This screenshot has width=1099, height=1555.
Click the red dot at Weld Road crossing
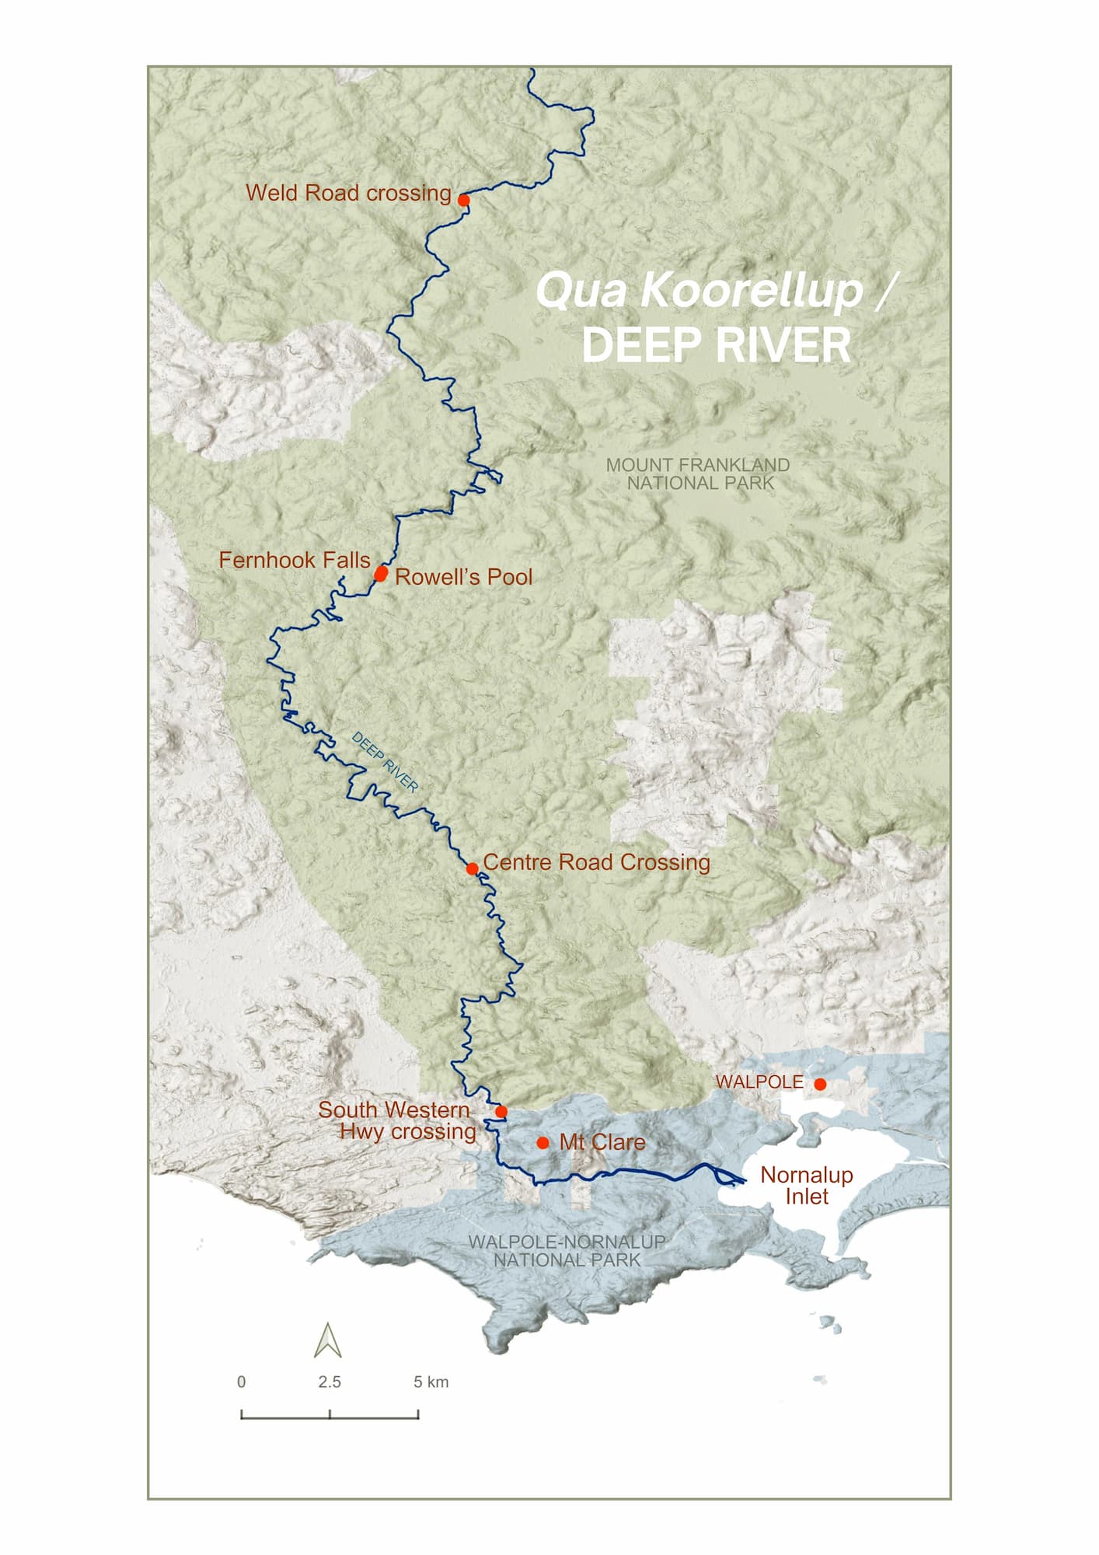[463, 200]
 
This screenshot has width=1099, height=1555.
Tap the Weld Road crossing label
[348, 193]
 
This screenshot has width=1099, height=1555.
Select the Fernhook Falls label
[294, 560]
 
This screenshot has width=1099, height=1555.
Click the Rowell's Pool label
[463, 577]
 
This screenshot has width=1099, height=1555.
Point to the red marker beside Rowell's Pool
[381, 574]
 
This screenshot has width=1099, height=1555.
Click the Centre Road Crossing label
[596, 862]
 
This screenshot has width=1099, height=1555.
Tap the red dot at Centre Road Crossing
[472, 868]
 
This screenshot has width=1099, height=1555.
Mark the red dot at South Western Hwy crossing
[501, 1112]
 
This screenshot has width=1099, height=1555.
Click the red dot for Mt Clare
[543, 1143]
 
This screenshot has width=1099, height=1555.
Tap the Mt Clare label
[602, 1142]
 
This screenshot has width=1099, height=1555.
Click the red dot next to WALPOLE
[820, 1084]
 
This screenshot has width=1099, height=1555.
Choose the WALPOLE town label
[759, 1082]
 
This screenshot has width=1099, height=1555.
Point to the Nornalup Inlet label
[806, 1185]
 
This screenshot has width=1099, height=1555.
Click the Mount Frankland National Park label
[698, 473]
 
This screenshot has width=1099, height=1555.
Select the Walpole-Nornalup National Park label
[567, 1251]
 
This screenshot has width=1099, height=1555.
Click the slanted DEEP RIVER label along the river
[385, 762]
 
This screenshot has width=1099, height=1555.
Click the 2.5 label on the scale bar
[329, 1382]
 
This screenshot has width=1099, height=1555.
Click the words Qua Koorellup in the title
[700, 290]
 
